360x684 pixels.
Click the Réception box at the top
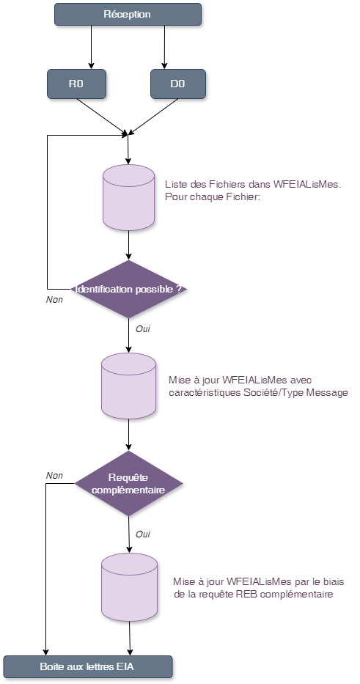(128, 14)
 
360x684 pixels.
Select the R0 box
(76, 84)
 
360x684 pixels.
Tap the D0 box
(177, 84)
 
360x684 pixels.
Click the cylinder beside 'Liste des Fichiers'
(128, 197)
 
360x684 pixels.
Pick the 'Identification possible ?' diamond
(128, 289)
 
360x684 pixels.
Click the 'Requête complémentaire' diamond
(128, 483)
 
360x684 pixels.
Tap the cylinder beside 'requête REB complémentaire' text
(128, 586)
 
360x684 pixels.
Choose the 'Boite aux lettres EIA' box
(87, 666)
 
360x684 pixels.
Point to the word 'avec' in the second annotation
(301, 380)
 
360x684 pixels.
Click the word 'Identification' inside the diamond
(104, 289)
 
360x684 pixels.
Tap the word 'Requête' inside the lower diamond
(128, 477)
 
